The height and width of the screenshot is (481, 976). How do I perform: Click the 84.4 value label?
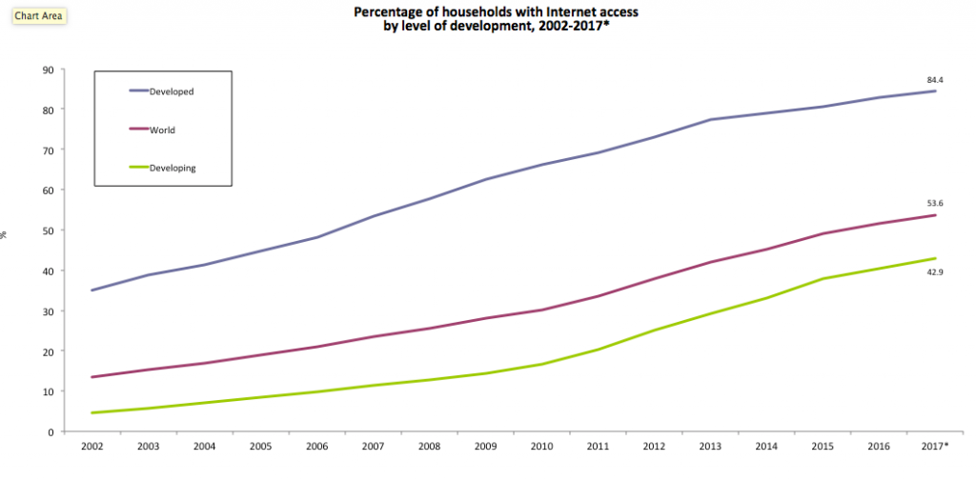pos(934,79)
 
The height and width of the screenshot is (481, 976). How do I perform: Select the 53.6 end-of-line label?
pos(934,203)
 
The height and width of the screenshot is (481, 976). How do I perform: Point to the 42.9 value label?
pos(934,272)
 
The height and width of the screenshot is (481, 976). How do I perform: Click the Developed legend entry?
pos(172,91)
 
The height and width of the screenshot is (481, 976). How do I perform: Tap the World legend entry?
pos(162,130)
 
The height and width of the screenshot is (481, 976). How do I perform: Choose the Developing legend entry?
pos(173,168)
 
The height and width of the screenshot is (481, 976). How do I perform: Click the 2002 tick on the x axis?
pos(91,447)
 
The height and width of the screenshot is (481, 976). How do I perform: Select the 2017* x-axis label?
pos(935,447)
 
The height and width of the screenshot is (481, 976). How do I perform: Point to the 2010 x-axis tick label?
pos(541,447)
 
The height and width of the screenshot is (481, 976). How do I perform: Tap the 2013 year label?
pos(710,447)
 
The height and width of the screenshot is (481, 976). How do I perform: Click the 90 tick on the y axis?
pos(47,70)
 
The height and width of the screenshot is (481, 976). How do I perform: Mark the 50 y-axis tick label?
pos(47,230)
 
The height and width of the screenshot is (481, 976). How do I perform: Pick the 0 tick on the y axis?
pos(50,431)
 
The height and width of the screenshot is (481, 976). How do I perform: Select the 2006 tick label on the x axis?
pos(316,447)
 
